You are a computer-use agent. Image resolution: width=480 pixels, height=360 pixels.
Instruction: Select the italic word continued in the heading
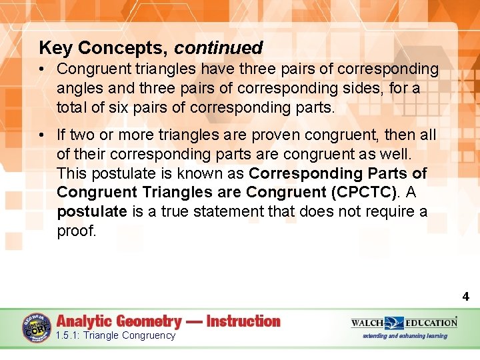[219, 48]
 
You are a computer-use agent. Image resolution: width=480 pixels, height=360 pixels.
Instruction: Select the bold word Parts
[387, 173]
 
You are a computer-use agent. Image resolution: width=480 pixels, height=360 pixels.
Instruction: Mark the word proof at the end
[77, 231]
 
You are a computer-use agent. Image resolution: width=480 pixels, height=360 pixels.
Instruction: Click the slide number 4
[466, 297]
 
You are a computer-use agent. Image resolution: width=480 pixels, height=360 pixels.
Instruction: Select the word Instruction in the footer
[243, 321]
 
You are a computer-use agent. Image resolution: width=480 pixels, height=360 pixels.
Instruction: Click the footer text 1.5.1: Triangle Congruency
[116, 335]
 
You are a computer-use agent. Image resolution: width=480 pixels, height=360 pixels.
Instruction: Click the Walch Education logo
[404, 323]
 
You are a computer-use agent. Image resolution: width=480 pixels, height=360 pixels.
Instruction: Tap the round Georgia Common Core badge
[37, 327]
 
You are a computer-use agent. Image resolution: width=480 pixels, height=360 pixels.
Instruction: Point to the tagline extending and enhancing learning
[405, 336]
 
